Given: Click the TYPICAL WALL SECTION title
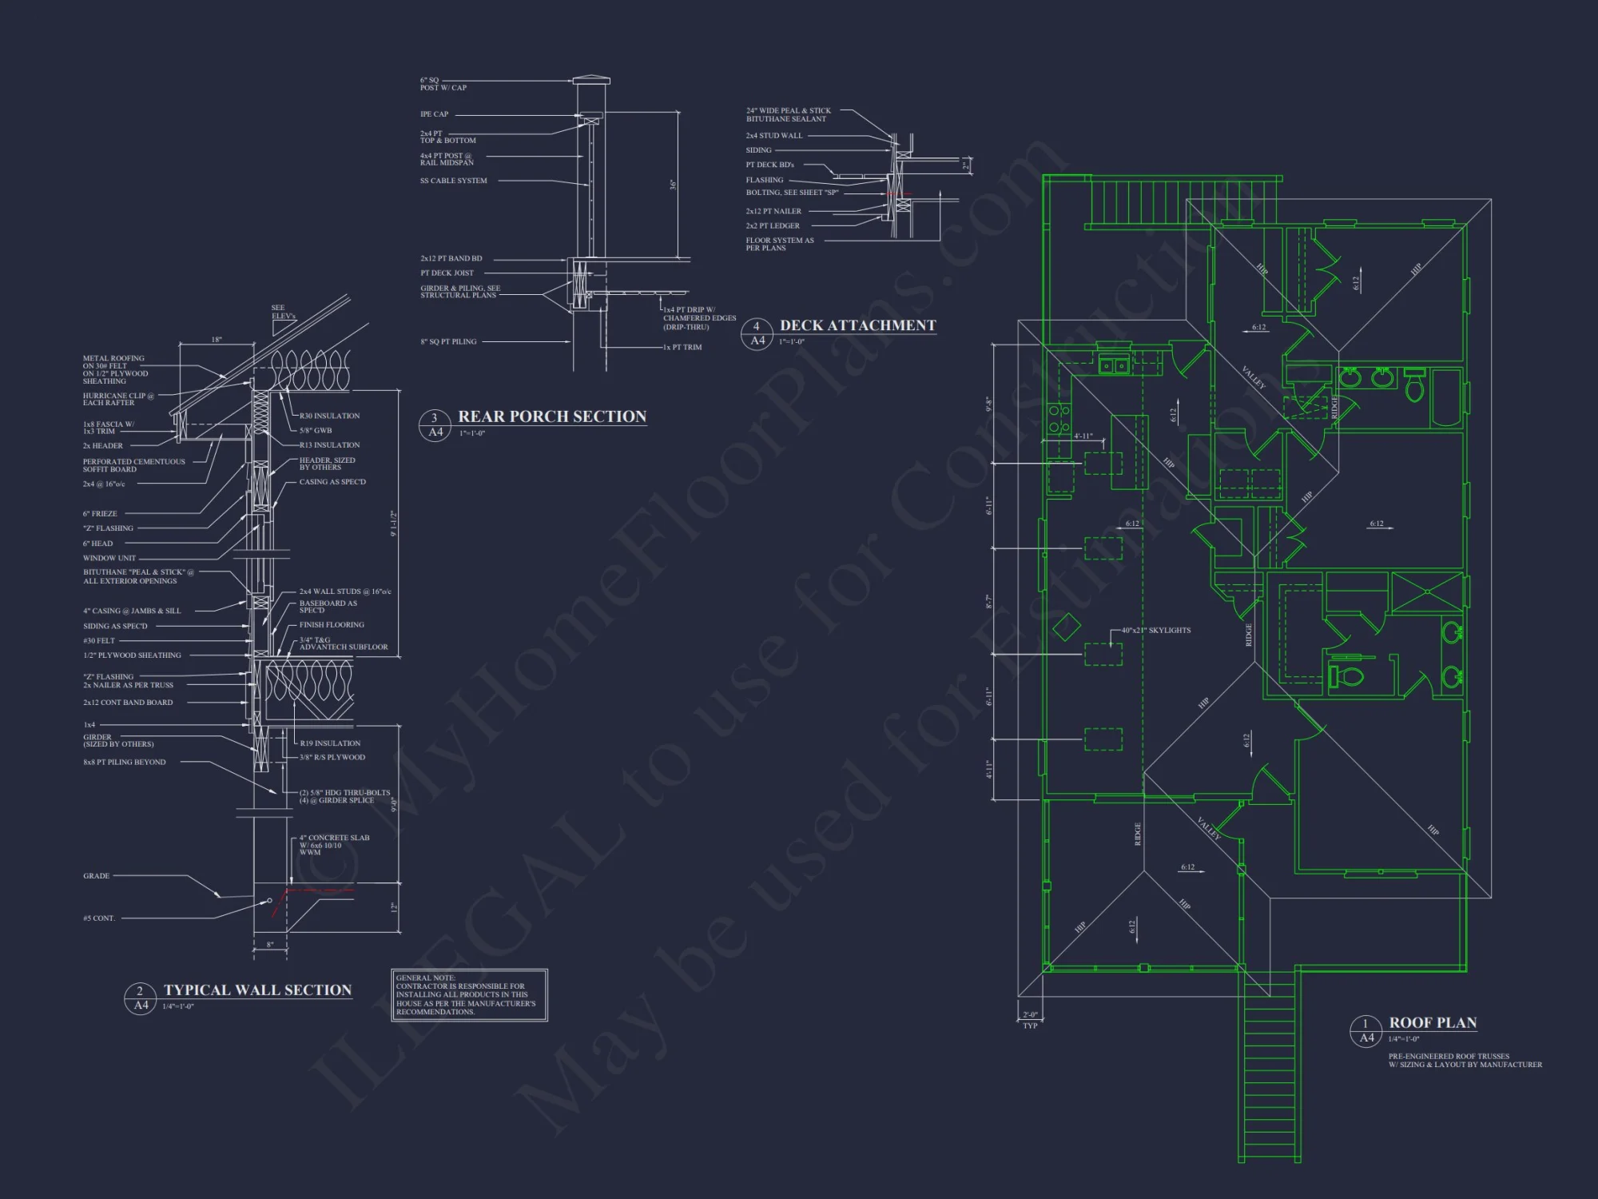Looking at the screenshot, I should [x=257, y=990].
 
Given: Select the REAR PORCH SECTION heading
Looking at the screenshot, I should [x=551, y=416].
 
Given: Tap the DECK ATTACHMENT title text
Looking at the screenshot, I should [x=857, y=325].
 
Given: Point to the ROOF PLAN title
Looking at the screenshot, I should [x=1433, y=1023].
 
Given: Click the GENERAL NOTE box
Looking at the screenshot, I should [x=469, y=995].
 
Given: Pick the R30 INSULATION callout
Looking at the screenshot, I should [x=329, y=416].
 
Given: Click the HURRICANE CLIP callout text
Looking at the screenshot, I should [x=118, y=399].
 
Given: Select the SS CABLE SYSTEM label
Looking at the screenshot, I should [x=453, y=181].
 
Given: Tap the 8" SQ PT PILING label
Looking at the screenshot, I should [x=448, y=342].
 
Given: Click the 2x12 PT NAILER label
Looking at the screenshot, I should [x=773, y=211].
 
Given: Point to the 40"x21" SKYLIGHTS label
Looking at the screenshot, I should [x=1155, y=631].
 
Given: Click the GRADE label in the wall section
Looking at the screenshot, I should [x=96, y=876].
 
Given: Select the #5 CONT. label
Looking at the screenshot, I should [x=99, y=918].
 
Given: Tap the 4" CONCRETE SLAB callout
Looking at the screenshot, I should [x=334, y=845].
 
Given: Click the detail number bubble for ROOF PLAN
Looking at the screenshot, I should [x=1366, y=1030].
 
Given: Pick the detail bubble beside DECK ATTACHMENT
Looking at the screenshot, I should [x=757, y=333].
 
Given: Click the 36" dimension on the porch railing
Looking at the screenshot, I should [x=673, y=185].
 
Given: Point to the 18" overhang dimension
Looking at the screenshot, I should [x=216, y=340].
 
